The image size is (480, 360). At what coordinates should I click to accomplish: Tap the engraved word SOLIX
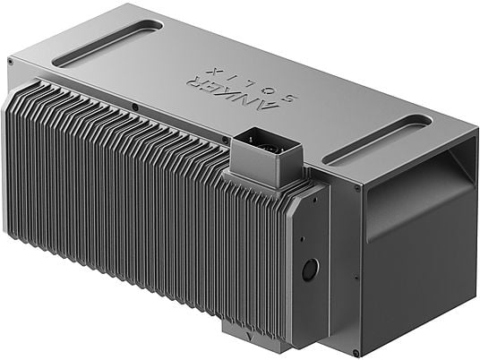tap(253, 85)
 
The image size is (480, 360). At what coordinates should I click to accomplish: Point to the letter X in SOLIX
tap(213, 72)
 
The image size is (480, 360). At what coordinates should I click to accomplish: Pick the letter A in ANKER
tap(269, 106)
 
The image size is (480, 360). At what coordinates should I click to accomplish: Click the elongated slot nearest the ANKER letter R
tap(107, 43)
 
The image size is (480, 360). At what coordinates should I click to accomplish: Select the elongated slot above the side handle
tap(377, 139)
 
